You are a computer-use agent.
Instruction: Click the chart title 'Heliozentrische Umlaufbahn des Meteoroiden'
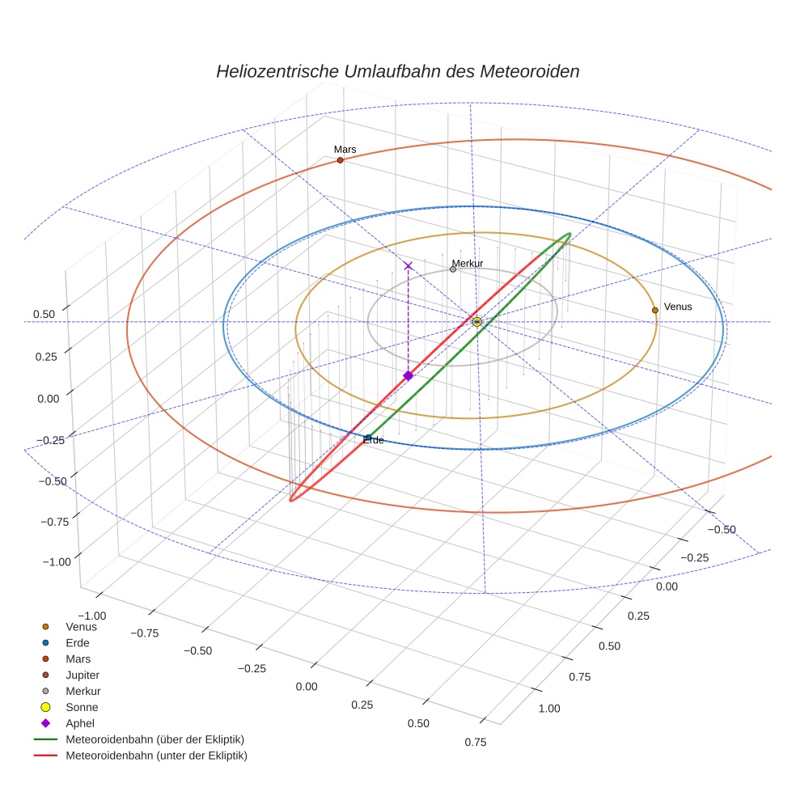pos(397,71)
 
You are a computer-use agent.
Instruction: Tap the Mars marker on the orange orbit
pos(340,160)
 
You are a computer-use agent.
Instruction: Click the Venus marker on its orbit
pos(654,310)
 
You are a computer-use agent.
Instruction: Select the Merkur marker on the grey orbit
pos(453,269)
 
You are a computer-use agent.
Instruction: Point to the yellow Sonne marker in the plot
pos(476,322)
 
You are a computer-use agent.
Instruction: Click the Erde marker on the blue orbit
pos(368,438)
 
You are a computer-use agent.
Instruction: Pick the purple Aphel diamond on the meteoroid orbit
pos(408,375)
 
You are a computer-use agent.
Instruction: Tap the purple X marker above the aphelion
pos(408,265)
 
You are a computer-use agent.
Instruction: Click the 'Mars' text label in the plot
pos(345,150)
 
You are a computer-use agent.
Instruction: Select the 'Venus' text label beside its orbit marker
pos(678,307)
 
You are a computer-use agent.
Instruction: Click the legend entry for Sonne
pos(82,707)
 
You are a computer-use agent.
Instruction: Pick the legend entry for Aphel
pos(80,723)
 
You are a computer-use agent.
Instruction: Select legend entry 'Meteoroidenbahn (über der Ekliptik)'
pos(155,739)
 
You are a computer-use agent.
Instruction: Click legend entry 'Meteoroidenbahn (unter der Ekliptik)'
pos(156,756)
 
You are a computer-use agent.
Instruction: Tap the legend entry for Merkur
pos(83,691)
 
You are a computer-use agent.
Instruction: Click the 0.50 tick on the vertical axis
pos(44,314)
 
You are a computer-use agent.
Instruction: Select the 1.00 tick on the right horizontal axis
pos(548,709)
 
